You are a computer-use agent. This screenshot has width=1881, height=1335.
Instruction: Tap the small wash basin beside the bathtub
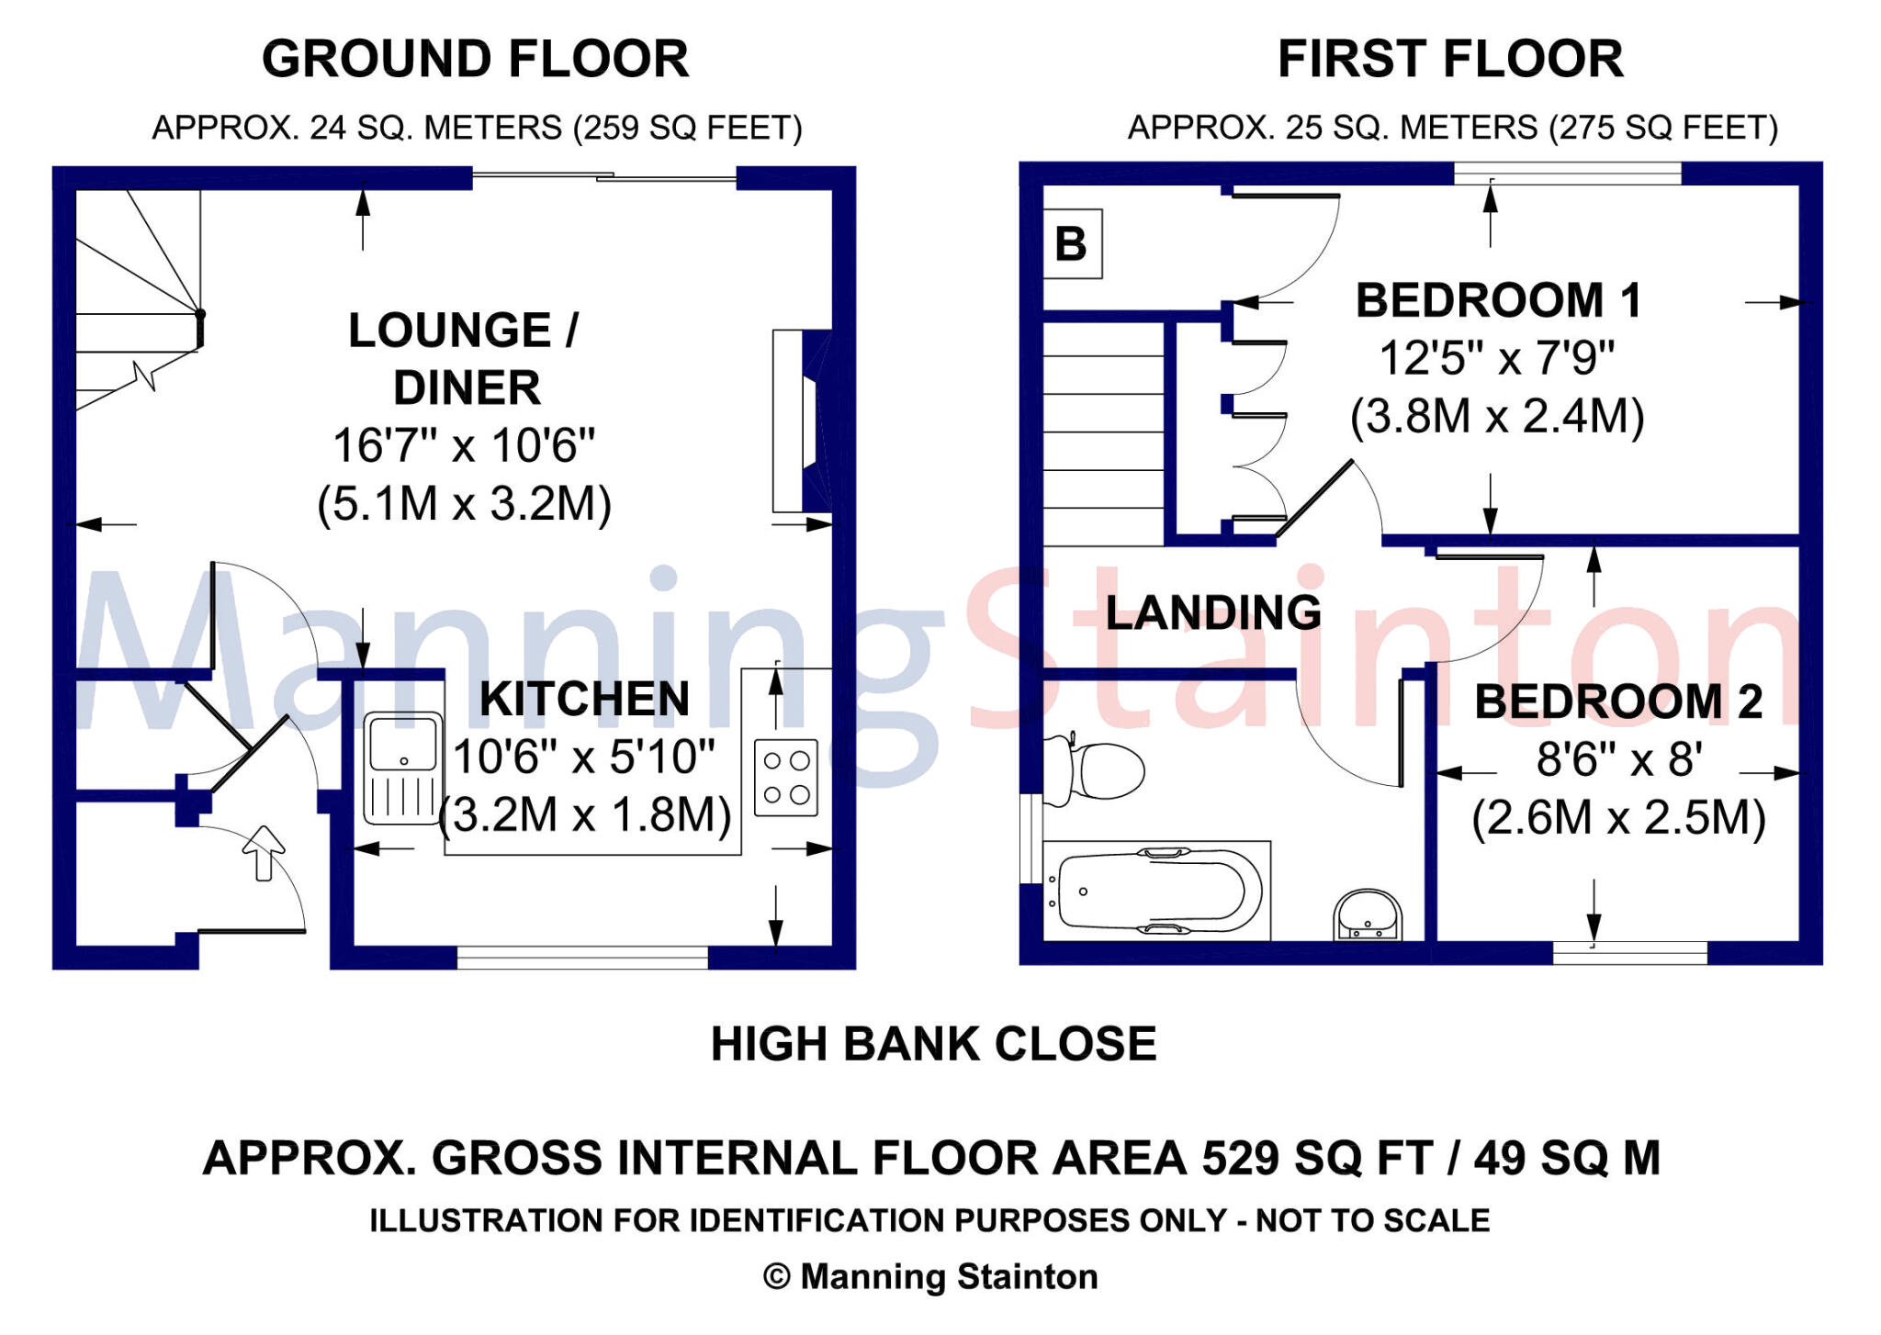pos(1368,914)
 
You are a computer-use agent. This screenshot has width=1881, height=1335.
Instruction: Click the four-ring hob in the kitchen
pos(786,778)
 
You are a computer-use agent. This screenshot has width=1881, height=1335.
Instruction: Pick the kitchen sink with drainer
pos(402,768)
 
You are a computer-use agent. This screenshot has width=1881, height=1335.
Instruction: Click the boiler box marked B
pos(1072,244)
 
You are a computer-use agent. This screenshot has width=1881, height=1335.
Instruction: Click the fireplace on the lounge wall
pos(801,421)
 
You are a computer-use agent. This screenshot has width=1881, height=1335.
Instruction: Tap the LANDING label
pos(1212,612)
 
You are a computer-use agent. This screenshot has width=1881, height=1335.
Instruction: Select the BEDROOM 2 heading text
pos(1618,702)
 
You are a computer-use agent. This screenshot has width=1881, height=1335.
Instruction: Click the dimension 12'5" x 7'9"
pos(1496,358)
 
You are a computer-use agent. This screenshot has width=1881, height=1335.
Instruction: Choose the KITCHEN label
pos(584,700)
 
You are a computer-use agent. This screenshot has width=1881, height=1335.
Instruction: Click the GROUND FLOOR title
pos(475,60)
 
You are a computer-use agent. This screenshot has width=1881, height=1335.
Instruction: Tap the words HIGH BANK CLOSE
pos(933,1045)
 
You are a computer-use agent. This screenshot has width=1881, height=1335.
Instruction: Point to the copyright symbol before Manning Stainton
pos(776,1277)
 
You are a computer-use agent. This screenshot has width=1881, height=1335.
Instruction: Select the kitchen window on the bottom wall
pos(582,958)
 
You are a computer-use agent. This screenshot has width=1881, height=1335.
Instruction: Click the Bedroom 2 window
pos(1629,952)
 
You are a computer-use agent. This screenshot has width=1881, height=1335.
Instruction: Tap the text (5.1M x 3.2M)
pos(464,504)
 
